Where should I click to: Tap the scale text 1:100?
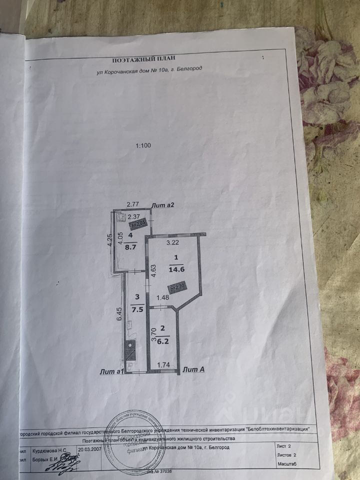[x=143, y=146]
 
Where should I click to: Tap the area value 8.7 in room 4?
[x=131, y=246]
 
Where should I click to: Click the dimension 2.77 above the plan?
[x=132, y=204]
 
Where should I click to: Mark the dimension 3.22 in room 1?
[x=172, y=243]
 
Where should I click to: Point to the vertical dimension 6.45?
[x=119, y=316]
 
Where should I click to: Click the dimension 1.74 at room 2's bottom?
[x=164, y=365]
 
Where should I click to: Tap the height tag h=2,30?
[x=177, y=288]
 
